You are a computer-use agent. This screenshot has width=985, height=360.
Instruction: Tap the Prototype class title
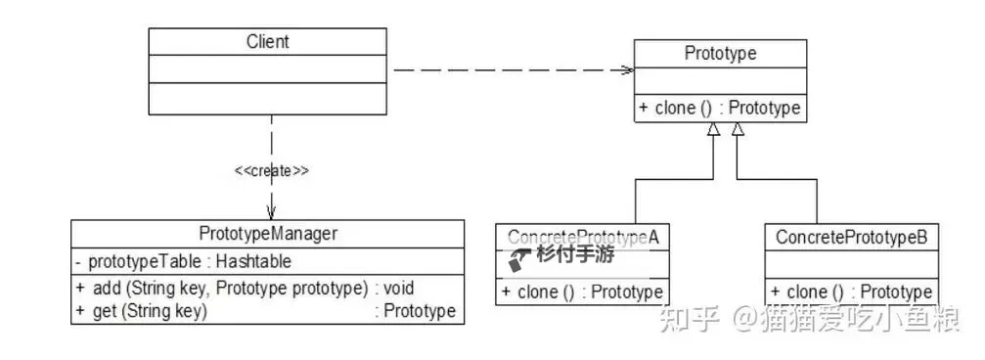(x=720, y=53)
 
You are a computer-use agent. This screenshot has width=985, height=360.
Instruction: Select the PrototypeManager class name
(x=267, y=235)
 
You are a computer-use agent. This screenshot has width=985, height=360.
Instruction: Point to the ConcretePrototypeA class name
(x=580, y=238)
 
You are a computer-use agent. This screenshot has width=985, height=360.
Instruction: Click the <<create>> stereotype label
(x=271, y=171)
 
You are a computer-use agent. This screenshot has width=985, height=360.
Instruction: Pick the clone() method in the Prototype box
(x=720, y=108)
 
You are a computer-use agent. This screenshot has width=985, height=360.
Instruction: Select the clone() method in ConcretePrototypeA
(x=582, y=291)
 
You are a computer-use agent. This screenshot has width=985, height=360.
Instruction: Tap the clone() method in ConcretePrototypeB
(x=851, y=292)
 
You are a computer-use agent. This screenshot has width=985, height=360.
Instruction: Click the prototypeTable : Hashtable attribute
(x=183, y=261)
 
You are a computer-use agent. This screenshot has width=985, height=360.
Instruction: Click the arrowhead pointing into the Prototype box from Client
(x=627, y=69)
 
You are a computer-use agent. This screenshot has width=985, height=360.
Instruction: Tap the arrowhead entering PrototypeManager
(x=271, y=212)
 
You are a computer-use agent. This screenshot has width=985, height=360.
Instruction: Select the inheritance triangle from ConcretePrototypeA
(x=713, y=128)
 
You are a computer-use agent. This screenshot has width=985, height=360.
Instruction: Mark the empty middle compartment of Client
(x=267, y=69)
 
